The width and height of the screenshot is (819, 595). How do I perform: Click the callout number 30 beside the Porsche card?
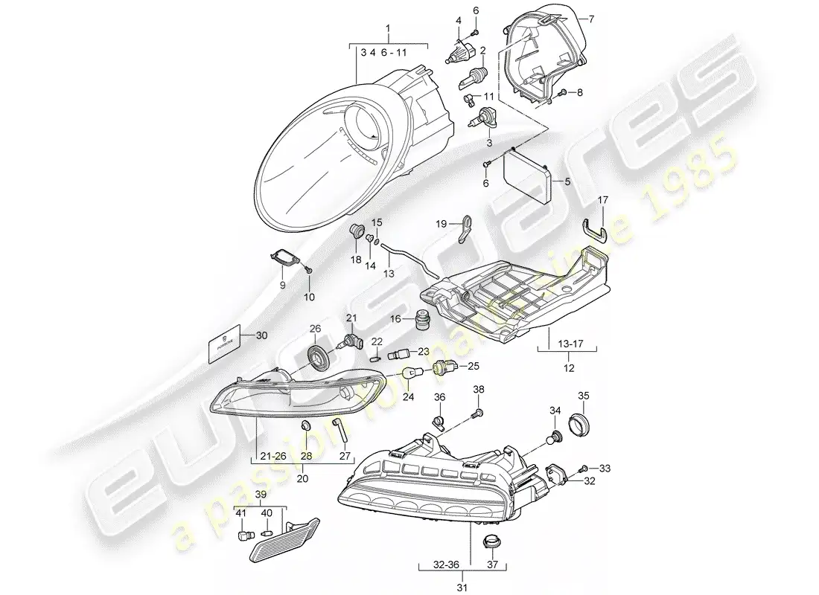(261, 335)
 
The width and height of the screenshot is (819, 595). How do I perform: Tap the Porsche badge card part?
(225, 344)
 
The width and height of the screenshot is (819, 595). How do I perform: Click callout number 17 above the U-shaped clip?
(603, 200)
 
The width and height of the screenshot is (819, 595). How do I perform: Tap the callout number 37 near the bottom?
(493, 565)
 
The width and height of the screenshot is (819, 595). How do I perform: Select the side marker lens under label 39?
(286, 541)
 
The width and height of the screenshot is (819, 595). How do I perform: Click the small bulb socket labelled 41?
(245, 536)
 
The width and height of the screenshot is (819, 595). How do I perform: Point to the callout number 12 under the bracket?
(569, 368)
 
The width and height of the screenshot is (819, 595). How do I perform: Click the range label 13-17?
(567, 343)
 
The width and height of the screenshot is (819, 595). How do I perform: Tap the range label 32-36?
(445, 565)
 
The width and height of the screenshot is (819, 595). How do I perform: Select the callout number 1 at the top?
(388, 27)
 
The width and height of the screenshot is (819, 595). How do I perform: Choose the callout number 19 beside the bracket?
(442, 224)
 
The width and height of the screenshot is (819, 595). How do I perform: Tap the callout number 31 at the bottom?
(462, 588)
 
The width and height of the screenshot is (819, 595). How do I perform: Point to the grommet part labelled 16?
(421, 319)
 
